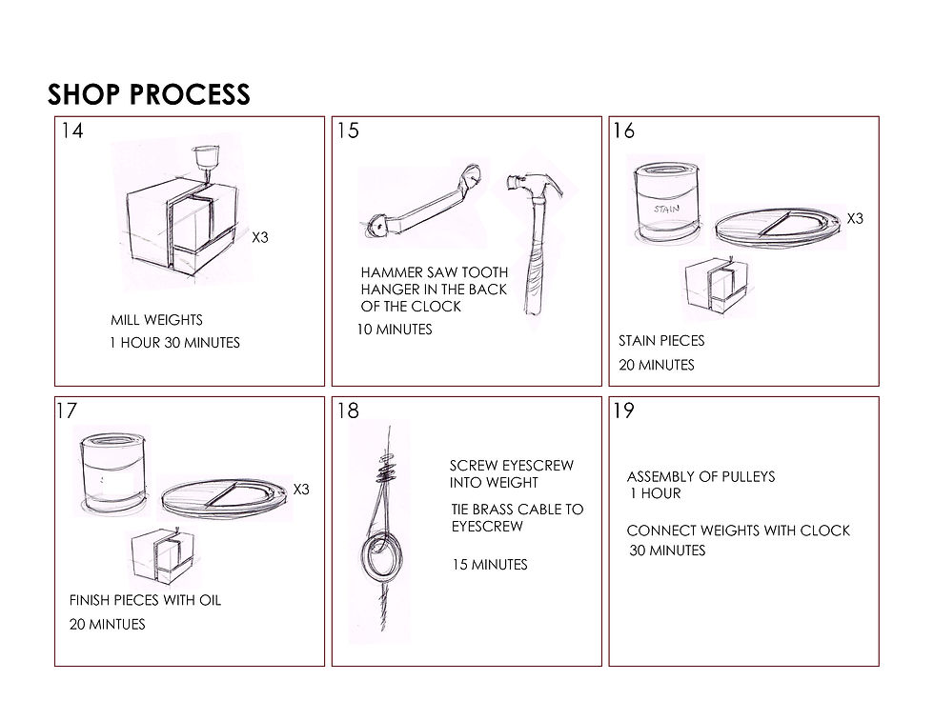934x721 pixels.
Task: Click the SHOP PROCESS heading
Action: (149, 93)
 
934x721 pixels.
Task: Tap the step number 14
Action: (71, 130)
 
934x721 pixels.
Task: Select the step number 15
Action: (348, 130)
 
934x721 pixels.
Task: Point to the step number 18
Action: (348, 411)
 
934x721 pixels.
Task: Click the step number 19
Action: (623, 411)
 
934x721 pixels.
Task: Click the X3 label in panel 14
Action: (260, 237)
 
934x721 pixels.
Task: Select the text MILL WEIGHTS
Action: (156, 320)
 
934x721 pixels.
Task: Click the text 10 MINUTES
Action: (396, 330)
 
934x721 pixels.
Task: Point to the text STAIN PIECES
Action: (661, 341)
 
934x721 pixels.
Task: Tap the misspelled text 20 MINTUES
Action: (108, 625)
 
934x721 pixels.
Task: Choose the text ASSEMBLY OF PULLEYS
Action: (700, 476)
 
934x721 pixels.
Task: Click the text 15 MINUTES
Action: (489, 565)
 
